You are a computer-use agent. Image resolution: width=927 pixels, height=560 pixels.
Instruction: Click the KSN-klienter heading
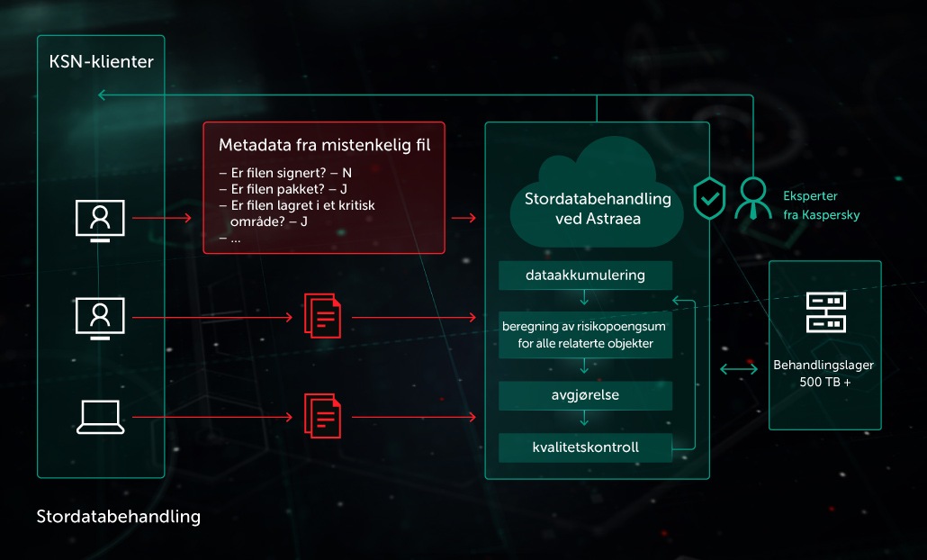tap(101, 61)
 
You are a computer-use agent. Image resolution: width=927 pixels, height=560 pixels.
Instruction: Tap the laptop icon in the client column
tap(100, 417)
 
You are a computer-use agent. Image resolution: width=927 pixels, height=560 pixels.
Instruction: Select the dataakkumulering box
tap(585, 275)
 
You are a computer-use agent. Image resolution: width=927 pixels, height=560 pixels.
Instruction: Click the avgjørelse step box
tap(585, 395)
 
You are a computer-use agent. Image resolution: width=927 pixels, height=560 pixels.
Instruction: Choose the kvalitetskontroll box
tap(585, 447)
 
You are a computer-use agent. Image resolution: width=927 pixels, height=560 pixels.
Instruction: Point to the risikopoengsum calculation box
tap(585, 335)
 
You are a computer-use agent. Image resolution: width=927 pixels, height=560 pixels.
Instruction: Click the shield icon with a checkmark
tap(709, 198)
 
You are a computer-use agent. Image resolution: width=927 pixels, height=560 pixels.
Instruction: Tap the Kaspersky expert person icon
tap(752, 199)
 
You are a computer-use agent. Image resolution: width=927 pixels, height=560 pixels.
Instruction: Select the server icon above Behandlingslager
tap(826, 312)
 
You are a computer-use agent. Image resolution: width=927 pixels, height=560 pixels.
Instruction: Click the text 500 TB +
tap(825, 382)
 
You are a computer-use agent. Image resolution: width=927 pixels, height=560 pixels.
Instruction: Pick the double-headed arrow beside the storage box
tap(738, 370)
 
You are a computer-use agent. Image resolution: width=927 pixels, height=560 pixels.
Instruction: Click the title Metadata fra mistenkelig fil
tap(325, 145)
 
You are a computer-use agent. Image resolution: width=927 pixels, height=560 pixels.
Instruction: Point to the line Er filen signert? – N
tap(285, 173)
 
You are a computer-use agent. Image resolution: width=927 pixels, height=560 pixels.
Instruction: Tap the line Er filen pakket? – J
tap(283, 189)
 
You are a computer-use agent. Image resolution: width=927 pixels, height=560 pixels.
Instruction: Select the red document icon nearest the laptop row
tap(322, 416)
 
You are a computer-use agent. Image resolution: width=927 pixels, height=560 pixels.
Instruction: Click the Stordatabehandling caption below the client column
tap(118, 517)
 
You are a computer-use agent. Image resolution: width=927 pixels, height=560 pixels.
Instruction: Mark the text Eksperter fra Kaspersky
tap(821, 205)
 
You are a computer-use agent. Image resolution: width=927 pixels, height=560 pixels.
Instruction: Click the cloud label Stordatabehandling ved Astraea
tap(598, 209)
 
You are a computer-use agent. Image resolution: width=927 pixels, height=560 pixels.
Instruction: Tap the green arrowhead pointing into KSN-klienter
tap(102, 95)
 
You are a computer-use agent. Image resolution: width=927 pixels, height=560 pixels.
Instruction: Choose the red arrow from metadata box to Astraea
tap(463, 218)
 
